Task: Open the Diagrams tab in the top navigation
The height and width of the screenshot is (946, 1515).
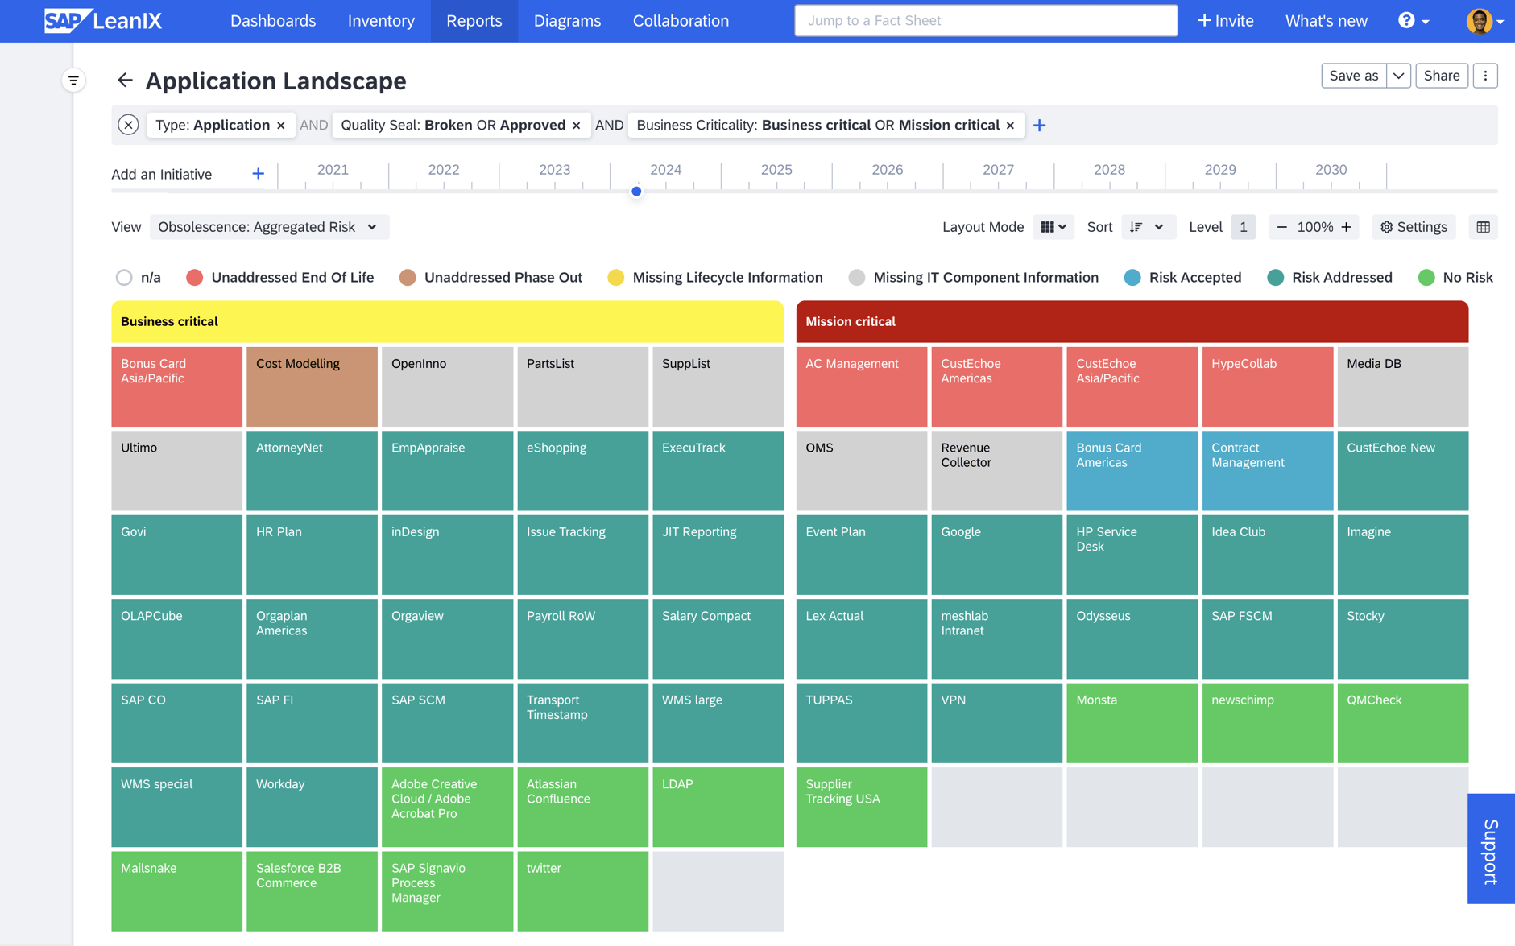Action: pos(567,21)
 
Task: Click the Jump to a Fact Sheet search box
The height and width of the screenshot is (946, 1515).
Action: pos(985,21)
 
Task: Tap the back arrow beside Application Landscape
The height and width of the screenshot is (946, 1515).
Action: pos(125,80)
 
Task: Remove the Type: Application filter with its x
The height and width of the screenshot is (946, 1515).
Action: pos(281,126)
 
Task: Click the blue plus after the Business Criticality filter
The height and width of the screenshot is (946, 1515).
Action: pos(1039,126)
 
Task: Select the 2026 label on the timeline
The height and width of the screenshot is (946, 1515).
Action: pos(887,170)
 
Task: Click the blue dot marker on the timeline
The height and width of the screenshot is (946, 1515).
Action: pos(636,192)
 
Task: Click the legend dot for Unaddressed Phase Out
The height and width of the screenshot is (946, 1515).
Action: pos(408,278)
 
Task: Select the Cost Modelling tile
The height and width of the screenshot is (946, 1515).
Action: pos(312,386)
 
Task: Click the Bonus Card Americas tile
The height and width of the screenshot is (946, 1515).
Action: pos(1132,470)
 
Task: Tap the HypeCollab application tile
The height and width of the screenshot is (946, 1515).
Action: pos(1267,386)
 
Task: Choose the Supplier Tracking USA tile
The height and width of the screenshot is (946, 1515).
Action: pos(861,806)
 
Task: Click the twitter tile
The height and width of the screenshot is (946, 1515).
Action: pos(582,890)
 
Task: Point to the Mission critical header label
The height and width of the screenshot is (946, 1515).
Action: pos(851,321)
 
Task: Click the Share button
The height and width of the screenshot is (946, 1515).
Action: pos(1441,76)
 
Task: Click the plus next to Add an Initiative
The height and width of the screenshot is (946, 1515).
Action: pos(258,174)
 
